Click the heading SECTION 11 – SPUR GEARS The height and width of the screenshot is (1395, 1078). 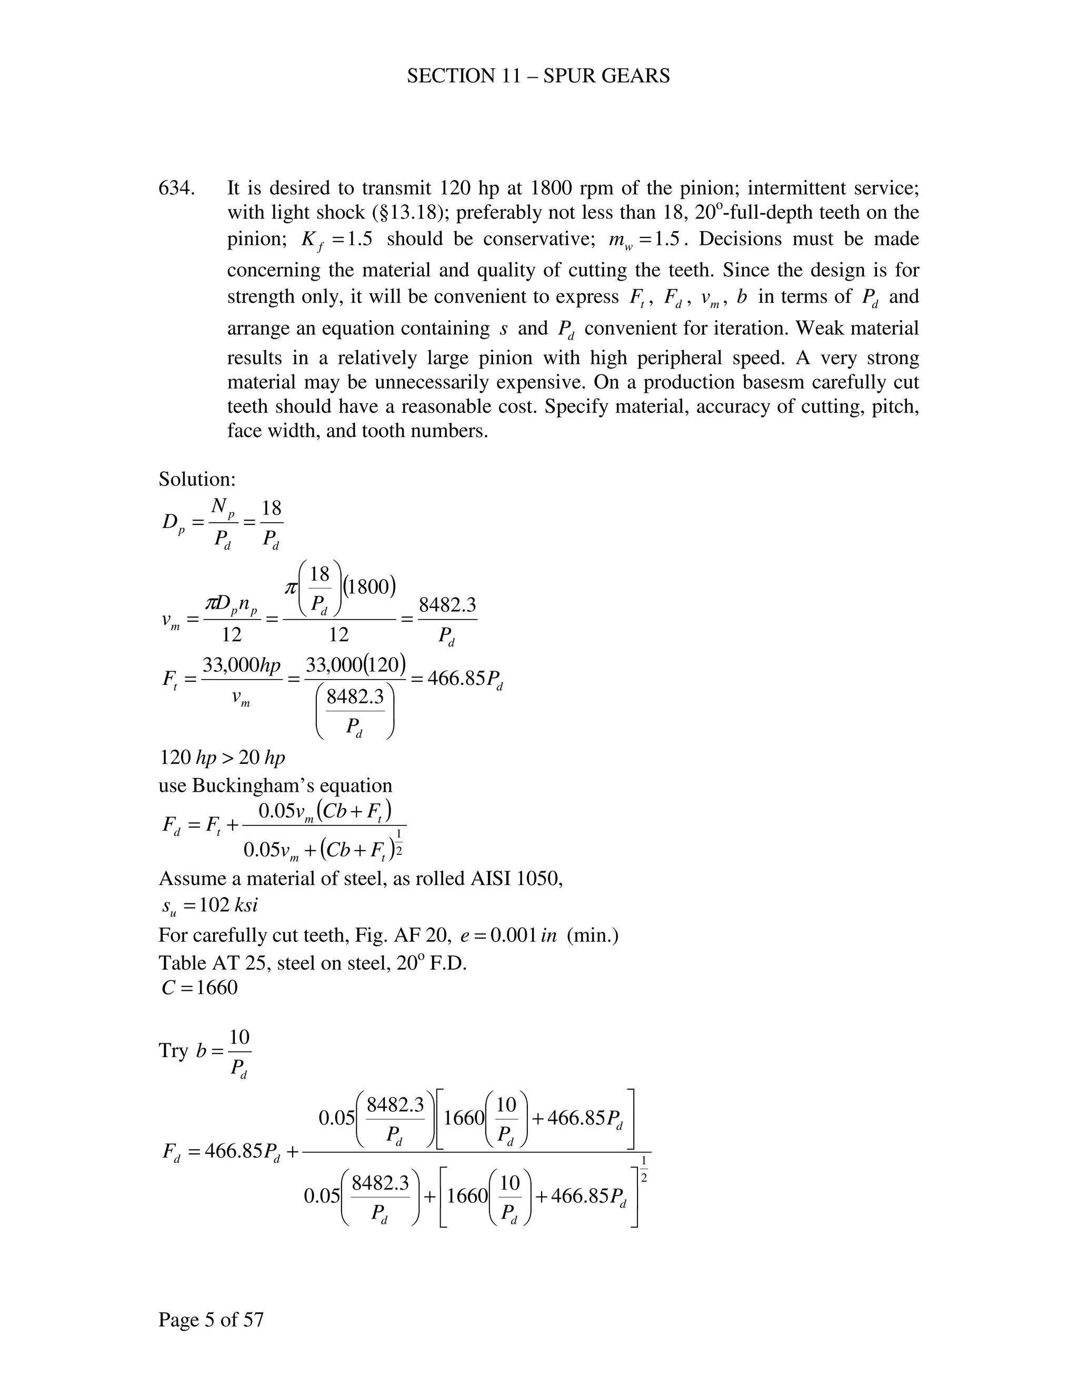tap(538, 76)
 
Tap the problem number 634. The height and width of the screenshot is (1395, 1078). tap(176, 188)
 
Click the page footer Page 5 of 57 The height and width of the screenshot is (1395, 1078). tap(211, 1319)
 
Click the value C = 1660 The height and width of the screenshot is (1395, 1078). tap(200, 988)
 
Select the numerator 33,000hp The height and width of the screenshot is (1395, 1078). tap(242, 665)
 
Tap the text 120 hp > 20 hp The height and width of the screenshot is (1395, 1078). tap(222, 758)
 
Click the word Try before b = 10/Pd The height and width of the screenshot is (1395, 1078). tap(173, 1051)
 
